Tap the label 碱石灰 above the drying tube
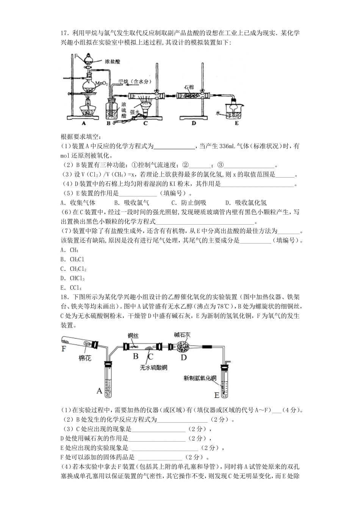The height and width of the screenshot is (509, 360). [182, 334]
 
